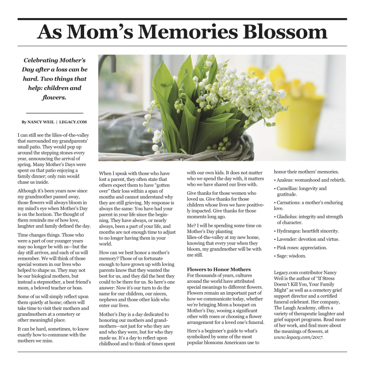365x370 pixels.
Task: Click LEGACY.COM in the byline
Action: (x=73, y=122)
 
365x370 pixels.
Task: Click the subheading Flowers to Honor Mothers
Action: (x=219, y=269)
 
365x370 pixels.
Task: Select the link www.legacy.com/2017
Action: (x=298, y=337)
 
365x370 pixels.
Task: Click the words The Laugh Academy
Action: (x=294, y=308)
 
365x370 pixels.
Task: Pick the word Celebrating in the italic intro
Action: (x=41, y=60)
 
